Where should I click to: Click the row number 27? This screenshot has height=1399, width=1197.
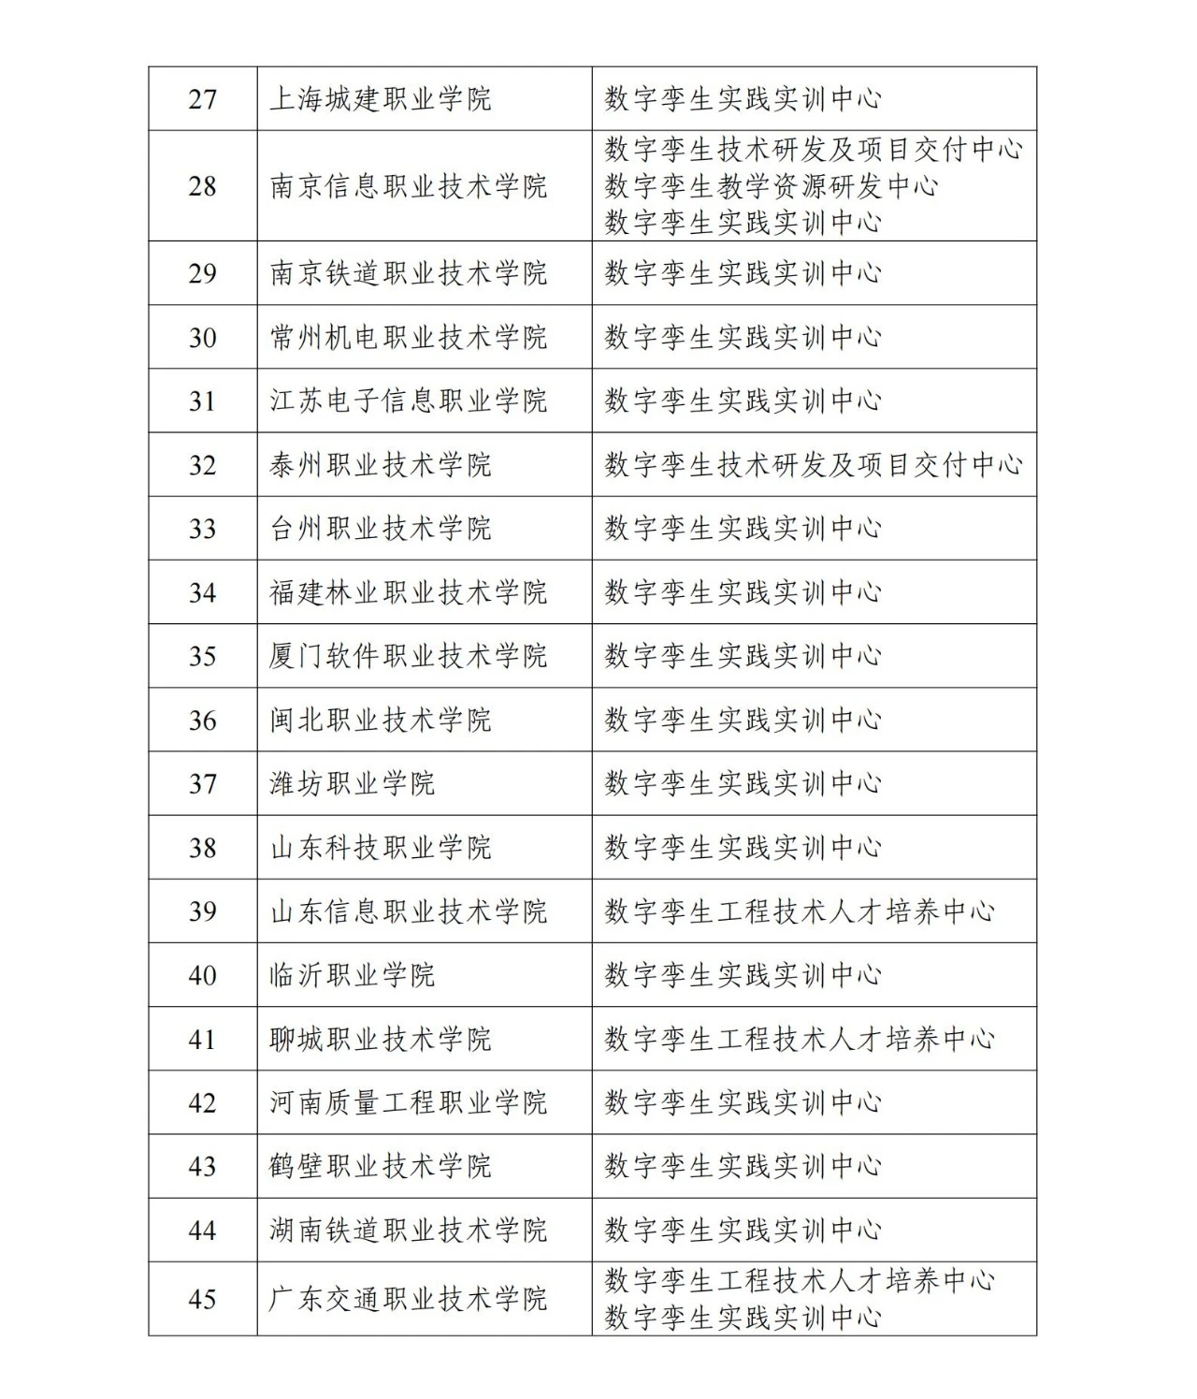coord(203,99)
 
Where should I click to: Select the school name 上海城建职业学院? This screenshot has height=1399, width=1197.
coord(380,99)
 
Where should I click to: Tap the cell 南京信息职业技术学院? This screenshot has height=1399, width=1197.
coord(408,186)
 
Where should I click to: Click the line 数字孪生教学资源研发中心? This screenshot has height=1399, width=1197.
coord(771,186)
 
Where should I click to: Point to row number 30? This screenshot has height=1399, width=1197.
coord(203,338)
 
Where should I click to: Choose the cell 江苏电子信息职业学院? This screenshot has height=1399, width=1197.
coord(408,401)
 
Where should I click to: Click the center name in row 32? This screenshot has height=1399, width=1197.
coord(813,465)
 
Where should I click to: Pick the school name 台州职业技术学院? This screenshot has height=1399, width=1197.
coord(380,529)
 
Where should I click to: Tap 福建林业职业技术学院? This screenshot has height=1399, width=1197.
coord(408,592)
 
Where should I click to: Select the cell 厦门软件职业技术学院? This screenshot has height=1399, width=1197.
coord(408,656)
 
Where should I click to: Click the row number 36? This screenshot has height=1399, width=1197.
coord(203,721)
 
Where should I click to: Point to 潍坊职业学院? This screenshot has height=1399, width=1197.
coord(352,784)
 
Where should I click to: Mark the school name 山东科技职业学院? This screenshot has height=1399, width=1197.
coord(380,848)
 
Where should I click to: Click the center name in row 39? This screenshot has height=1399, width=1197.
coord(799,911)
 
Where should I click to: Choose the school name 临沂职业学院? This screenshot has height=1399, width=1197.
coord(352,975)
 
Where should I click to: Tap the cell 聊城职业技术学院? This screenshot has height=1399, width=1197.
coord(380,1039)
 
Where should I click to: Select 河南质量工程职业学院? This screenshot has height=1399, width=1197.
coord(408,1102)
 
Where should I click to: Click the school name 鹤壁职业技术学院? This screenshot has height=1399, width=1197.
coord(380,1167)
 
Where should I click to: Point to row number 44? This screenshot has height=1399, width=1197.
coord(203,1231)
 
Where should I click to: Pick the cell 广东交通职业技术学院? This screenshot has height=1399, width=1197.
coord(408,1299)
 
